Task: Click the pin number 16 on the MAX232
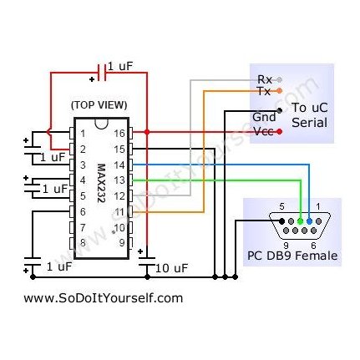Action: [119, 134]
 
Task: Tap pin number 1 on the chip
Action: [83, 134]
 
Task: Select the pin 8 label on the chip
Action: [83, 243]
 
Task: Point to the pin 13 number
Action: [119, 180]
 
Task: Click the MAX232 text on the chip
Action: [101, 183]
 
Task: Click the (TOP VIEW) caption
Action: [99, 105]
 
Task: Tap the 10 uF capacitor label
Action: [171, 268]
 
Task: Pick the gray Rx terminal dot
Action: [280, 80]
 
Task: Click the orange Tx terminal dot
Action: [280, 90]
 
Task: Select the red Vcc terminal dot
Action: [280, 132]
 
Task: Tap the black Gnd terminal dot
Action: [280, 110]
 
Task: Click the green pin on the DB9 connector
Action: [300, 221]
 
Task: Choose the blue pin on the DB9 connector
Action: [309, 221]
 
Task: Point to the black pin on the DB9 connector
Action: [281, 221]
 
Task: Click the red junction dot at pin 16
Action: [147, 132]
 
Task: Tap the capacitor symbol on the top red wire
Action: [102, 73]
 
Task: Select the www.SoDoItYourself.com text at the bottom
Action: [104, 298]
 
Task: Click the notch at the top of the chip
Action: [101, 124]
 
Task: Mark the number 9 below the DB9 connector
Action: [286, 246]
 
